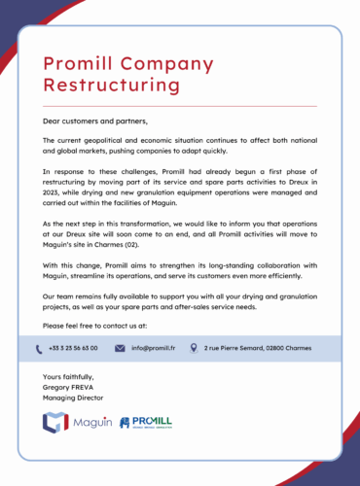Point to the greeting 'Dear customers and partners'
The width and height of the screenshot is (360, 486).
click(95, 121)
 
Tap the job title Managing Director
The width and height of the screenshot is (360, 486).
click(73, 398)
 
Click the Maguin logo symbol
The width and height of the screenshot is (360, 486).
click(54, 422)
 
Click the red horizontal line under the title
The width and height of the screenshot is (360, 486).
click(180, 105)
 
